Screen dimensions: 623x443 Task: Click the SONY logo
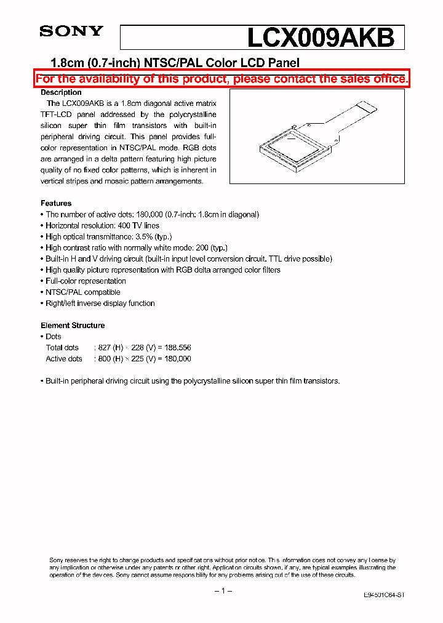pos(71,31)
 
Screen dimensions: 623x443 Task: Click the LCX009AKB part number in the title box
pos(320,38)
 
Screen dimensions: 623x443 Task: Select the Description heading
pos(61,92)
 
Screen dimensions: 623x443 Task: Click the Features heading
pos(56,203)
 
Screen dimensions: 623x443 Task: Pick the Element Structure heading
pos(73,325)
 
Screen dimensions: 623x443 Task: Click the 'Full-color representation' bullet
pos(86,281)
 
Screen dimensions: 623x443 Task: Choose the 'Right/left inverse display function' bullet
pos(100,303)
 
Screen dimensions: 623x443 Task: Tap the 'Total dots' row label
pos(62,347)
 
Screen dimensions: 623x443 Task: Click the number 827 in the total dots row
pos(104,347)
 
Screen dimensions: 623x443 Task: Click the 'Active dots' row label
pos(64,358)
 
